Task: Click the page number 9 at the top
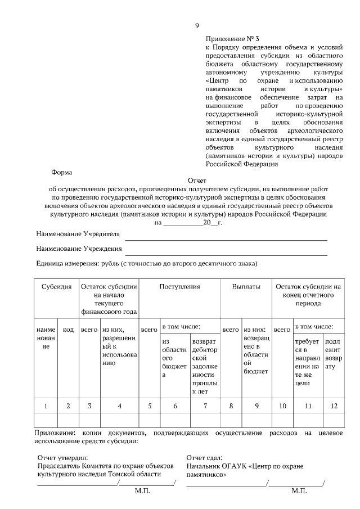point(197,25)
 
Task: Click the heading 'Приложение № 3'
point(232,39)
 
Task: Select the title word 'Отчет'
point(197,181)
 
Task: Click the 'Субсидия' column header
point(56,287)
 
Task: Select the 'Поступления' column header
point(179,287)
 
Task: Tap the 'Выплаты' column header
point(246,287)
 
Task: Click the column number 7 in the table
point(204,406)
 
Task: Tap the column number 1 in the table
point(46,406)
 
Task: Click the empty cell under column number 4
point(119,420)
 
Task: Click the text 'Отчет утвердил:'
point(62,458)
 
